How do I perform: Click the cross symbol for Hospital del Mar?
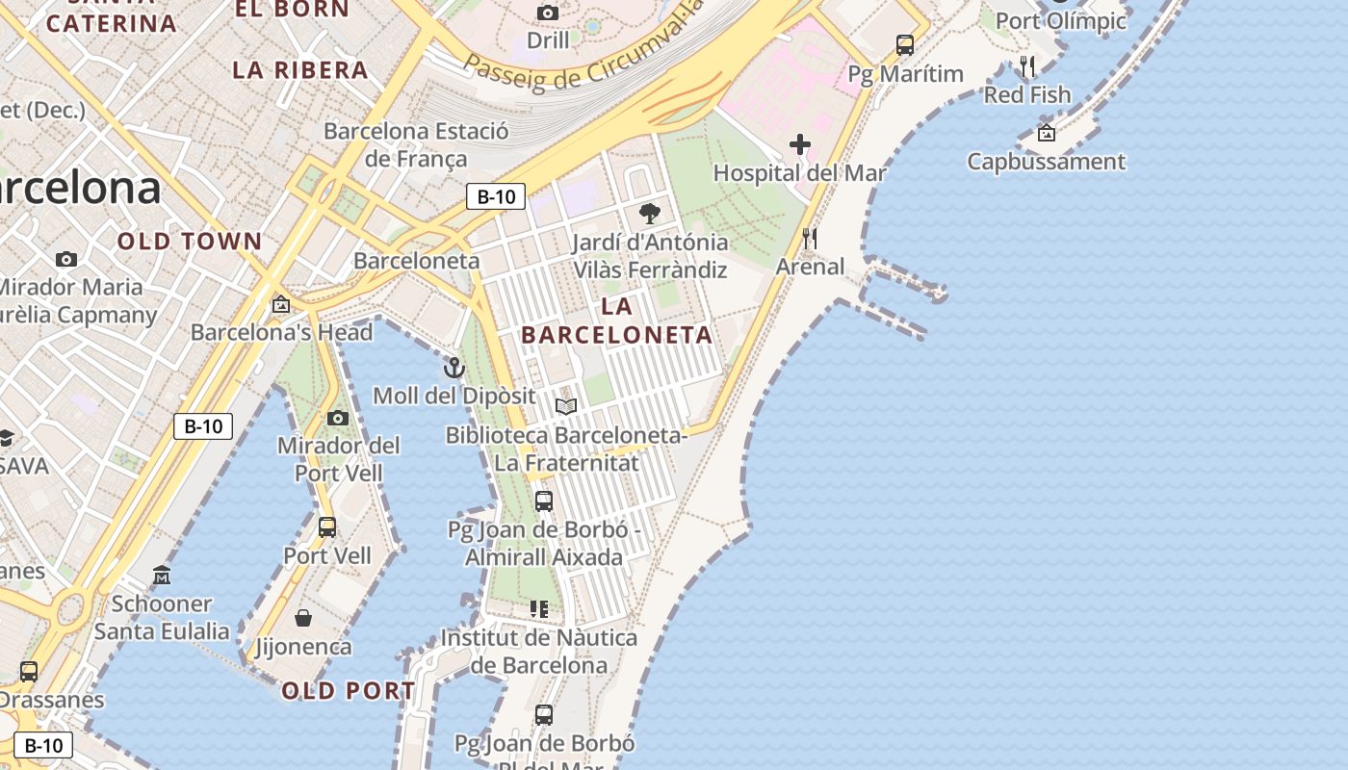tap(800, 145)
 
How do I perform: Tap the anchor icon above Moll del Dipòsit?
tap(454, 367)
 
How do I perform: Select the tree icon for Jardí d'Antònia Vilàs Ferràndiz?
tap(650, 214)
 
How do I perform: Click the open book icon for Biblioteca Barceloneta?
tap(566, 406)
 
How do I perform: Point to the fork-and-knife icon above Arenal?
tap(810, 238)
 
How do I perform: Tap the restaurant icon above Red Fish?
tap(1027, 66)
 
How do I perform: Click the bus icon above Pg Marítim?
tap(905, 44)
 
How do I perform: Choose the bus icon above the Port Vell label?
tap(327, 527)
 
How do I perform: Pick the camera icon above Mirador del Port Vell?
tap(338, 418)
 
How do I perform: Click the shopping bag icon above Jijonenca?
tap(303, 618)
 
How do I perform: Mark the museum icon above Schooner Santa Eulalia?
tap(162, 576)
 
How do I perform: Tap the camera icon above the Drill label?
tap(548, 13)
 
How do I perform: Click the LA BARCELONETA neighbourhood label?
tap(616, 321)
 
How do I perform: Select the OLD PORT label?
tap(349, 691)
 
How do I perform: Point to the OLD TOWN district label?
tap(190, 242)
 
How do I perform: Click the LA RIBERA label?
tap(300, 70)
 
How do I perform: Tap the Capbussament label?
tap(1046, 161)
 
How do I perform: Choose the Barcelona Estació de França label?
tap(416, 144)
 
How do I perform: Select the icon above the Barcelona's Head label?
tap(280, 304)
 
